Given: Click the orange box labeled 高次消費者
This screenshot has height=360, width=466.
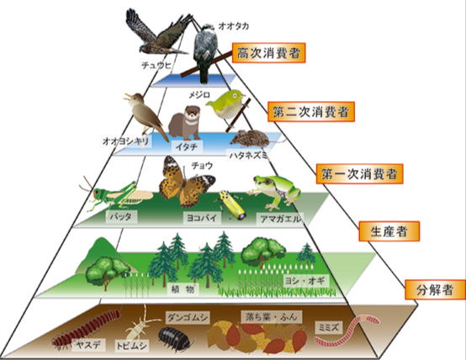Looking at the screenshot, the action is click(268, 53).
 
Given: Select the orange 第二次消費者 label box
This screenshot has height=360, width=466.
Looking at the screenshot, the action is click(311, 112).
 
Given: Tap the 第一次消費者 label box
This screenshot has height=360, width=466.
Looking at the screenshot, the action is click(359, 174).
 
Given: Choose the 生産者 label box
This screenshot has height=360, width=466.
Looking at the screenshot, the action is click(389, 231).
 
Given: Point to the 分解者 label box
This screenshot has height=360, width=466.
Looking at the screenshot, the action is click(435, 289).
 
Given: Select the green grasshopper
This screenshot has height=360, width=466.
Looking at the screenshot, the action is click(116, 194).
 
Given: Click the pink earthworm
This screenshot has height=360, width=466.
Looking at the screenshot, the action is click(347, 331).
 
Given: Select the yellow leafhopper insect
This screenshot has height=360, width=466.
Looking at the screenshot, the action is click(232, 205).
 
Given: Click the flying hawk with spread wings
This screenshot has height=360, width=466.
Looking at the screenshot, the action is click(157, 33).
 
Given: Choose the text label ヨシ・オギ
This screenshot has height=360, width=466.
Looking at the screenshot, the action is click(305, 281).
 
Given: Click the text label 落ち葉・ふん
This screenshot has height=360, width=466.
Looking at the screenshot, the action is click(272, 317).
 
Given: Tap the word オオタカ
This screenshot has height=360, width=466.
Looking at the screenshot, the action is click(233, 26).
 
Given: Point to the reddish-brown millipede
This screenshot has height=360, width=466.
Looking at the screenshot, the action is click(86, 328).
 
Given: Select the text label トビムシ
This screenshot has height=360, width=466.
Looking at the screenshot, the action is click(131, 346).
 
